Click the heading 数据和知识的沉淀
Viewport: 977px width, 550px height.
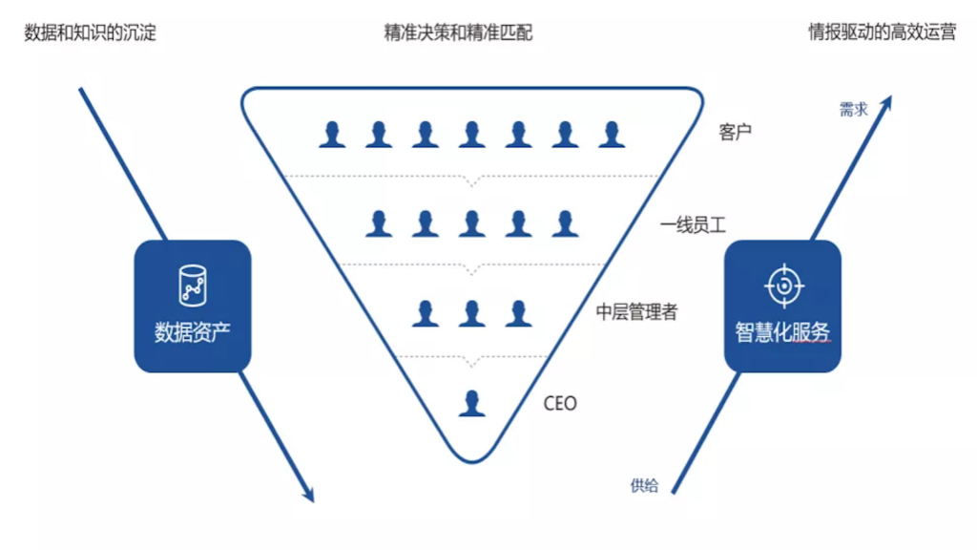point(90,33)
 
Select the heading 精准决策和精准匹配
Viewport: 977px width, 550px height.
point(458,33)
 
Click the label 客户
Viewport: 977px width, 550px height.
point(735,132)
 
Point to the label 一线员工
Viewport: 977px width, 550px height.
point(694,226)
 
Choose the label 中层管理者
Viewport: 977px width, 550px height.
point(636,311)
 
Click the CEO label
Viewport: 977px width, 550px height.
point(560,404)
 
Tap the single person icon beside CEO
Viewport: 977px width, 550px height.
point(471,403)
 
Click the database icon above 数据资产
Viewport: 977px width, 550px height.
point(192,285)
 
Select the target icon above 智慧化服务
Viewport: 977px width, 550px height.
point(783,285)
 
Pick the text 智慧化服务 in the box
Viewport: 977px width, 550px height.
point(782,332)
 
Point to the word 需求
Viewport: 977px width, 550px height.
point(853,110)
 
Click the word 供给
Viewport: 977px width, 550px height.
point(644,485)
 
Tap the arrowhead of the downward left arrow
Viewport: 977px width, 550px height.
point(307,493)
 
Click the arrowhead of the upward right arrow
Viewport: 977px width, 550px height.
point(886,101)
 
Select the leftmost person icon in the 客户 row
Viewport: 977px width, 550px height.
point(332,135)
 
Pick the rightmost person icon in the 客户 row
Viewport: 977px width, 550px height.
point(612,135)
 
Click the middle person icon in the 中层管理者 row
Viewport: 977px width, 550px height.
point(471,313)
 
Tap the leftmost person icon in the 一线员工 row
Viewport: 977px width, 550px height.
point(379,223)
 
